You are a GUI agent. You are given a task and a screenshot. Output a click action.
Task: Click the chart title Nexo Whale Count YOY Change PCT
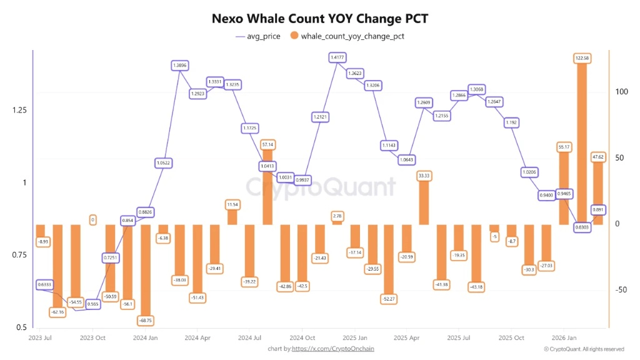click(319, 19)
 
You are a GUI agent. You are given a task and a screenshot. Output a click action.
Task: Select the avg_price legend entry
click(257, 36)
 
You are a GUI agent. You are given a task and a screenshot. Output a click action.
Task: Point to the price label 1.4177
click(337, 57)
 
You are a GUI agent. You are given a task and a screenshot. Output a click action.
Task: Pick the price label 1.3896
click(179, 65)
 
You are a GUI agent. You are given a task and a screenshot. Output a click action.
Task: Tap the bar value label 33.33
click(424, 176)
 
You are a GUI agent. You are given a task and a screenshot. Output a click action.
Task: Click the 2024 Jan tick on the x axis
click(145, 338)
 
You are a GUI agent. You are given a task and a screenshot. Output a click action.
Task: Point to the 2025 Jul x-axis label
click(459, 338)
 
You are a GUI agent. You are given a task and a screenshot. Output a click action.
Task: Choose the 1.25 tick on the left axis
click(18, 110)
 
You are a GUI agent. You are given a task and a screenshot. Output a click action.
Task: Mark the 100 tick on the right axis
click(621, 92)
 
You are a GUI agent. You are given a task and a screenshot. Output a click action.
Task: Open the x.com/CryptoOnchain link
click(333, 349)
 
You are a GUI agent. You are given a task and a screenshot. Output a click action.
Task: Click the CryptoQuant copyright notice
click(584, 349)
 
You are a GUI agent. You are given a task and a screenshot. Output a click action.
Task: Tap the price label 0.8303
click(581, 227)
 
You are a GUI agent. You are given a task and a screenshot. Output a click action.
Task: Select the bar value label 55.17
click(564, 147)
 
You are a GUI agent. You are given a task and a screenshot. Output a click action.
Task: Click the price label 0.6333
click(44, 284)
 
